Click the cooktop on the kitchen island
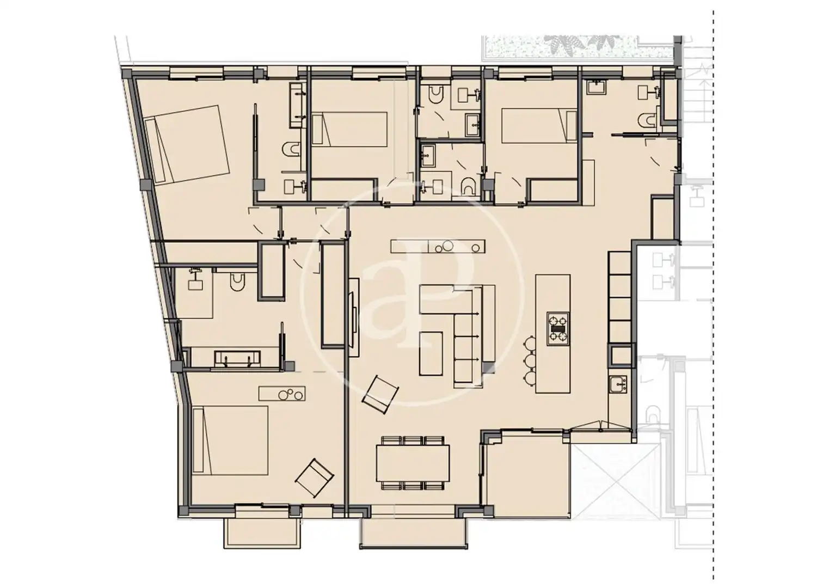pos(558,329)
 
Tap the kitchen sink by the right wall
pos(618,385)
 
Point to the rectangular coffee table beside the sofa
pos(431,353)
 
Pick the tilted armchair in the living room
pos(380,394)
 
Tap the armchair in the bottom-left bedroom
pos(315,478)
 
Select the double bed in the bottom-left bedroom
pos(230,440)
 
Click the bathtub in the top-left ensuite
pos(297,105)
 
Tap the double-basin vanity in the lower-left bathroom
pos(237,358)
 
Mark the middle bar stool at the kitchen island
pos(531,361)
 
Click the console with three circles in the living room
pos(438,246)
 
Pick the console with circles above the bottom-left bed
pos(282,393)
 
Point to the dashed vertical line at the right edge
pos(713,294)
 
